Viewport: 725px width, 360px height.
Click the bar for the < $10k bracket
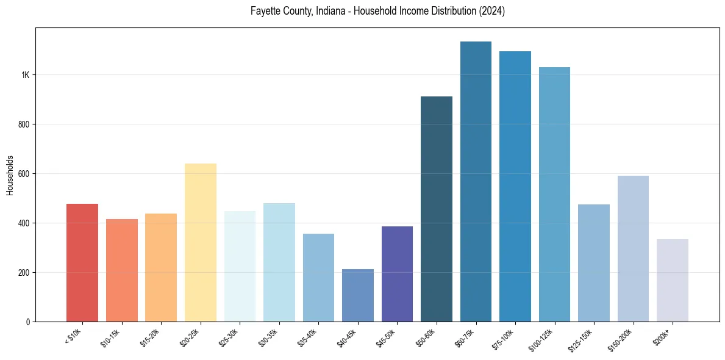coord(82,262)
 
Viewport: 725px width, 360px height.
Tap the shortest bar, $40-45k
coord(358,295)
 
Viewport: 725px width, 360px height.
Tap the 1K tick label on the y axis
coord(25,75)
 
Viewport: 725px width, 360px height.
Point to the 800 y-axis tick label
coord(23,124)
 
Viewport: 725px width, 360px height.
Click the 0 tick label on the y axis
coord(27,322)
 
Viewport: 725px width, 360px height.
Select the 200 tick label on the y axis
coord(23,272)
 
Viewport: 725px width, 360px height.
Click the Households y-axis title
coord(10,175)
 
